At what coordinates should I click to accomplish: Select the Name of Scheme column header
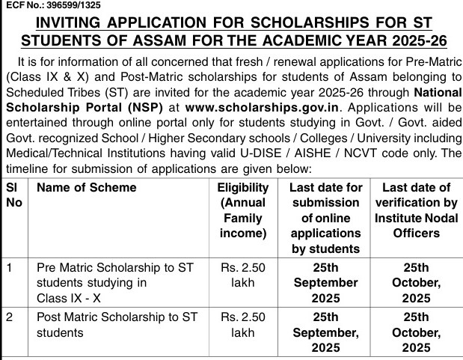pyautogui.click(x=86, y=188)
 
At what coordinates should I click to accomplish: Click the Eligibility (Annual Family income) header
pyautogui.click(x=242, y=210)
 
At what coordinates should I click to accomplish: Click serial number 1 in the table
pyautogui.click(x=8, y=266)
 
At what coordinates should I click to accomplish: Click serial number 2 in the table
pyautogui.click(x=8, y=317)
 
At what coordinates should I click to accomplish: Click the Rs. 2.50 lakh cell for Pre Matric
pyautogui.click(x=242, y=274)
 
